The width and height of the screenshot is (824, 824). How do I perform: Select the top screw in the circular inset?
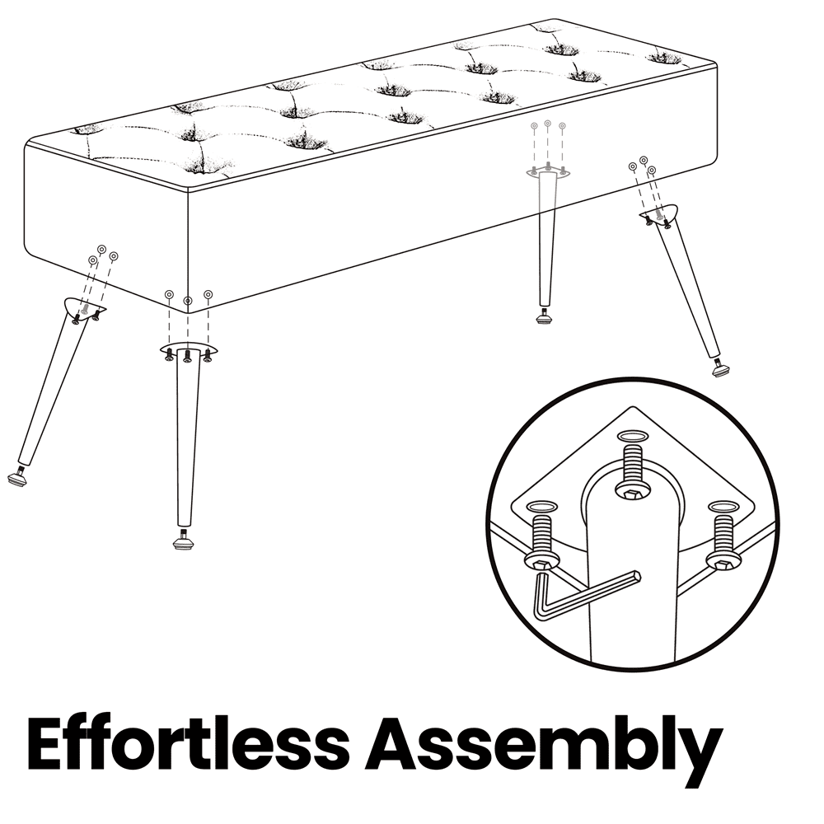point(633,471)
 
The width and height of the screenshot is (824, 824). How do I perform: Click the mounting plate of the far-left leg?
point(85,307)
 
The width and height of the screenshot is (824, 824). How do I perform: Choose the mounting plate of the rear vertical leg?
point(548,173)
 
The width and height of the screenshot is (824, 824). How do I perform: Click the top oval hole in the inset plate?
point(632,436)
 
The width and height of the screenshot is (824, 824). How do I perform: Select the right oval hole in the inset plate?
point(723,506)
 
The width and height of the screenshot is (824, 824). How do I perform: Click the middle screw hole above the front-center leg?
point(188,301)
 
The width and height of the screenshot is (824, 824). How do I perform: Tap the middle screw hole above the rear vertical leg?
point(548,124)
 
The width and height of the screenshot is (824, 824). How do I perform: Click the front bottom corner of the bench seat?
point(188,313)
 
